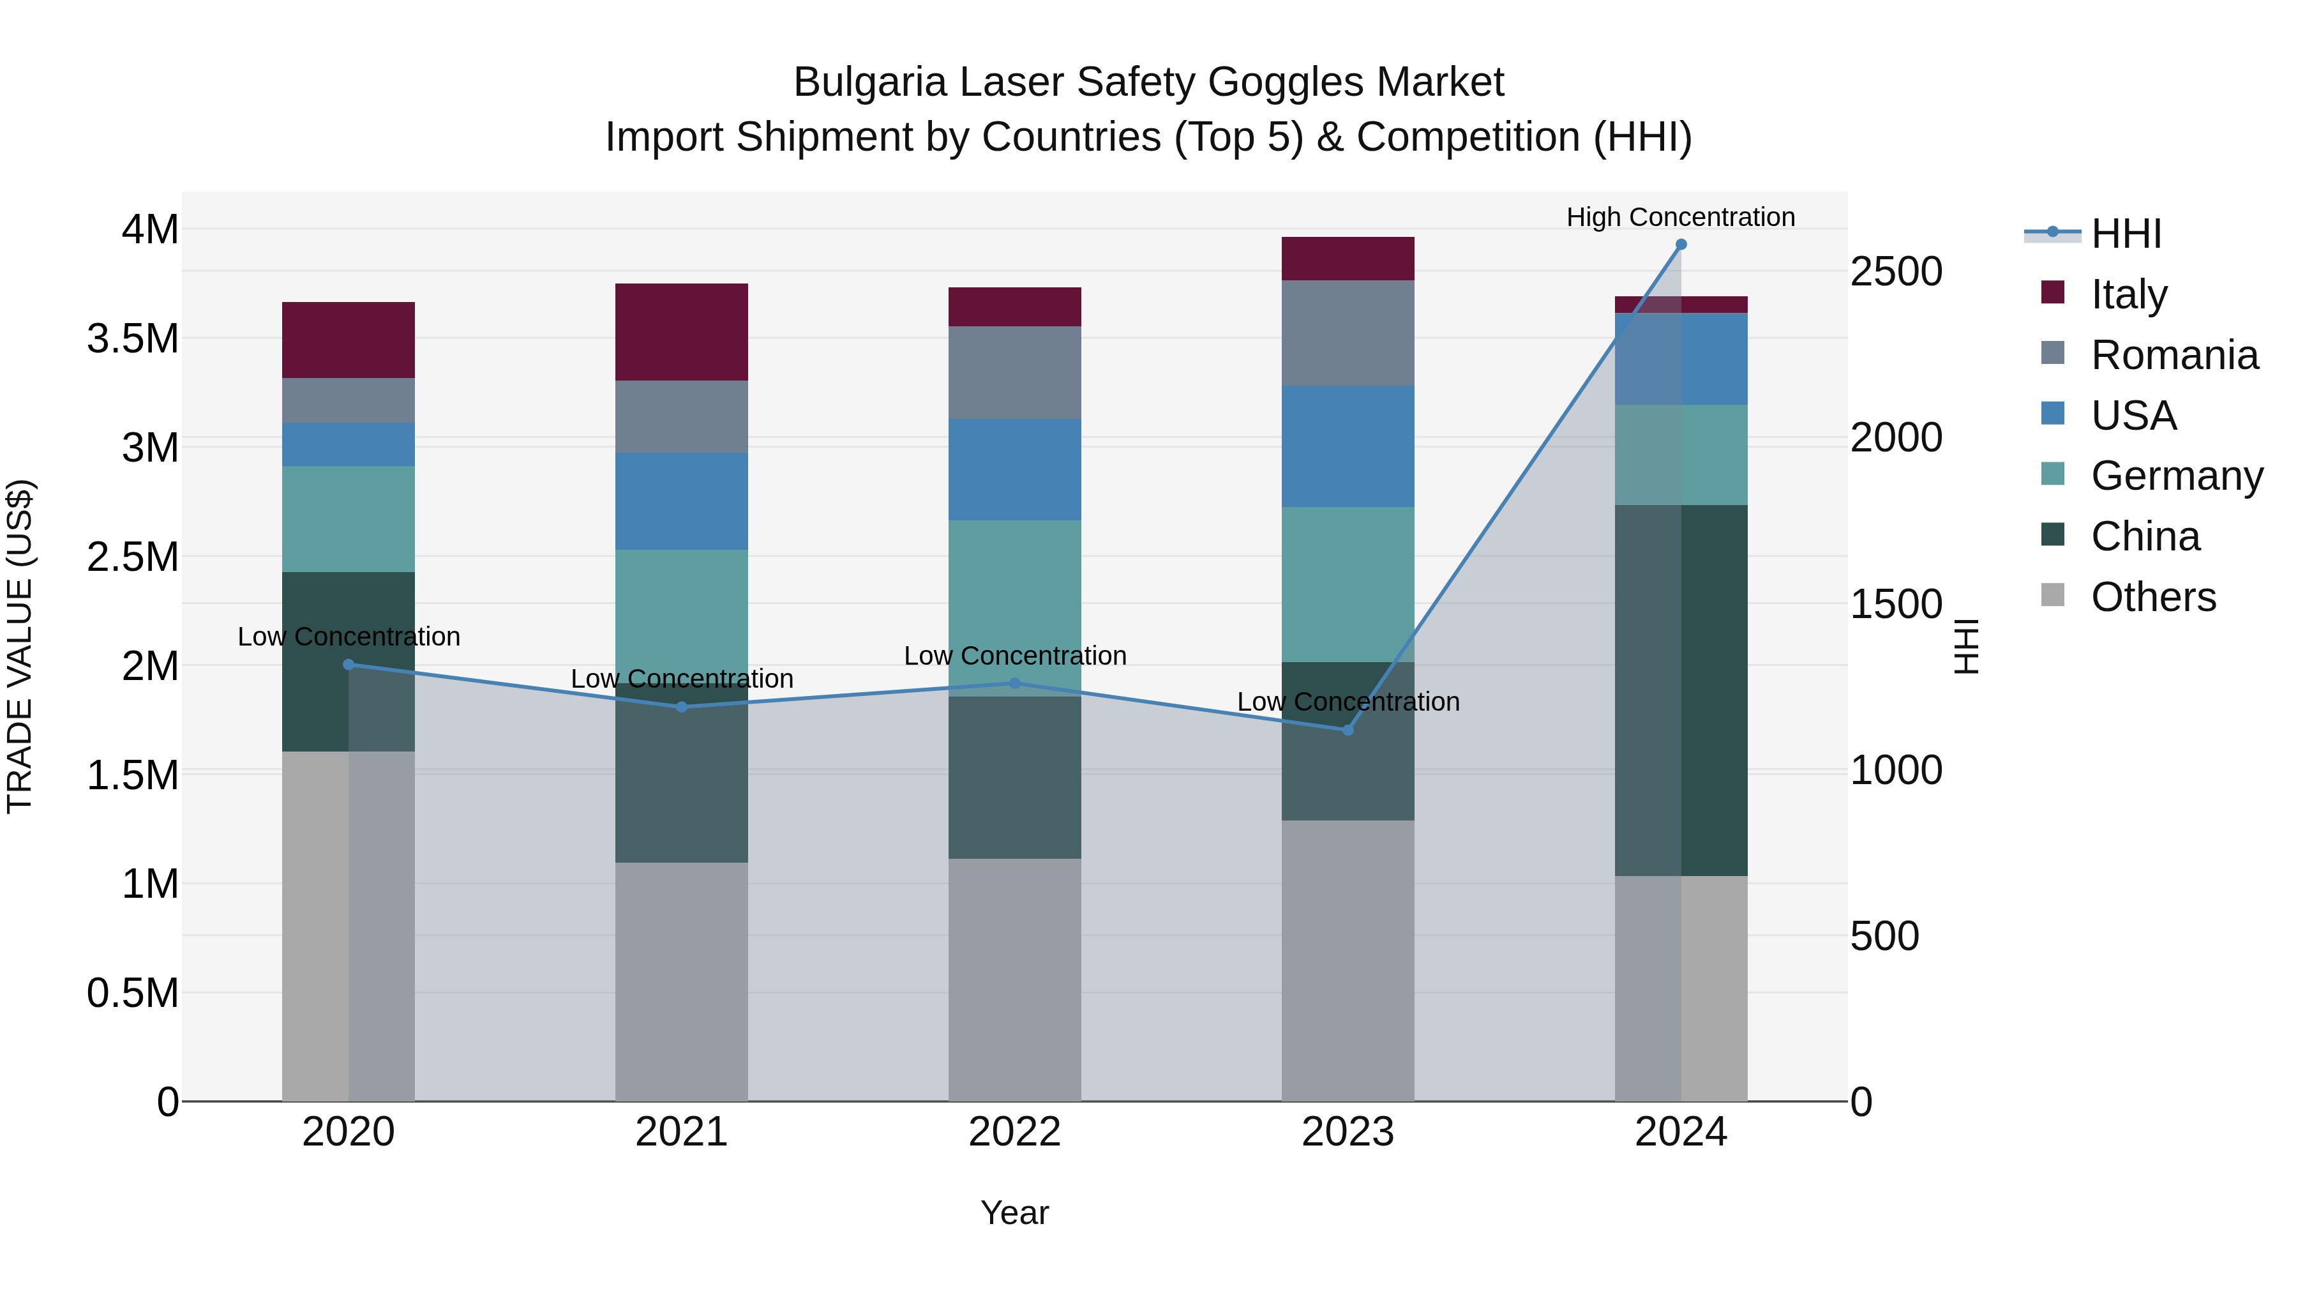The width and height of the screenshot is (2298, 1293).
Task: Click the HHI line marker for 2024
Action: tap(1681, 245)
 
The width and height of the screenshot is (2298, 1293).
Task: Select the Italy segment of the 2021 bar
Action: tap(682, 332)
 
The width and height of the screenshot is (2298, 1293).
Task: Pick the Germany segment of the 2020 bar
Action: tap(348, 518)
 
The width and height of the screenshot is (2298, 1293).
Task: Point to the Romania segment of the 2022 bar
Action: tap(1014, 372)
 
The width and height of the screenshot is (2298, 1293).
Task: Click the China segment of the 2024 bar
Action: tap(1681, 690)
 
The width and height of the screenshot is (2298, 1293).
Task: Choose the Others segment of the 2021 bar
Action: tap(682, 981)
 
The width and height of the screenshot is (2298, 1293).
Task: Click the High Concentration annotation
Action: tap(1681, 217)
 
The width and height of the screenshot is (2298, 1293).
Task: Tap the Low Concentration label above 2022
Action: tap(1014, 656)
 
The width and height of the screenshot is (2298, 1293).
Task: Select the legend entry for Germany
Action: tap(2176, 476)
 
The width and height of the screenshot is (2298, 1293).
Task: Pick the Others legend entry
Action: tap(2152, 597)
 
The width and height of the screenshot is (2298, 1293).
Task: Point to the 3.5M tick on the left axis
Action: tap(133, 339)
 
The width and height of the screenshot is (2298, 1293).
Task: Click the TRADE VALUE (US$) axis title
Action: tap(20, 646)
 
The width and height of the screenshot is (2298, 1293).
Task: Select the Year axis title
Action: tap(1014, 1213)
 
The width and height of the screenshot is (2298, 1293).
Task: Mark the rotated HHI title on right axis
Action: tap(1966, 646)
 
